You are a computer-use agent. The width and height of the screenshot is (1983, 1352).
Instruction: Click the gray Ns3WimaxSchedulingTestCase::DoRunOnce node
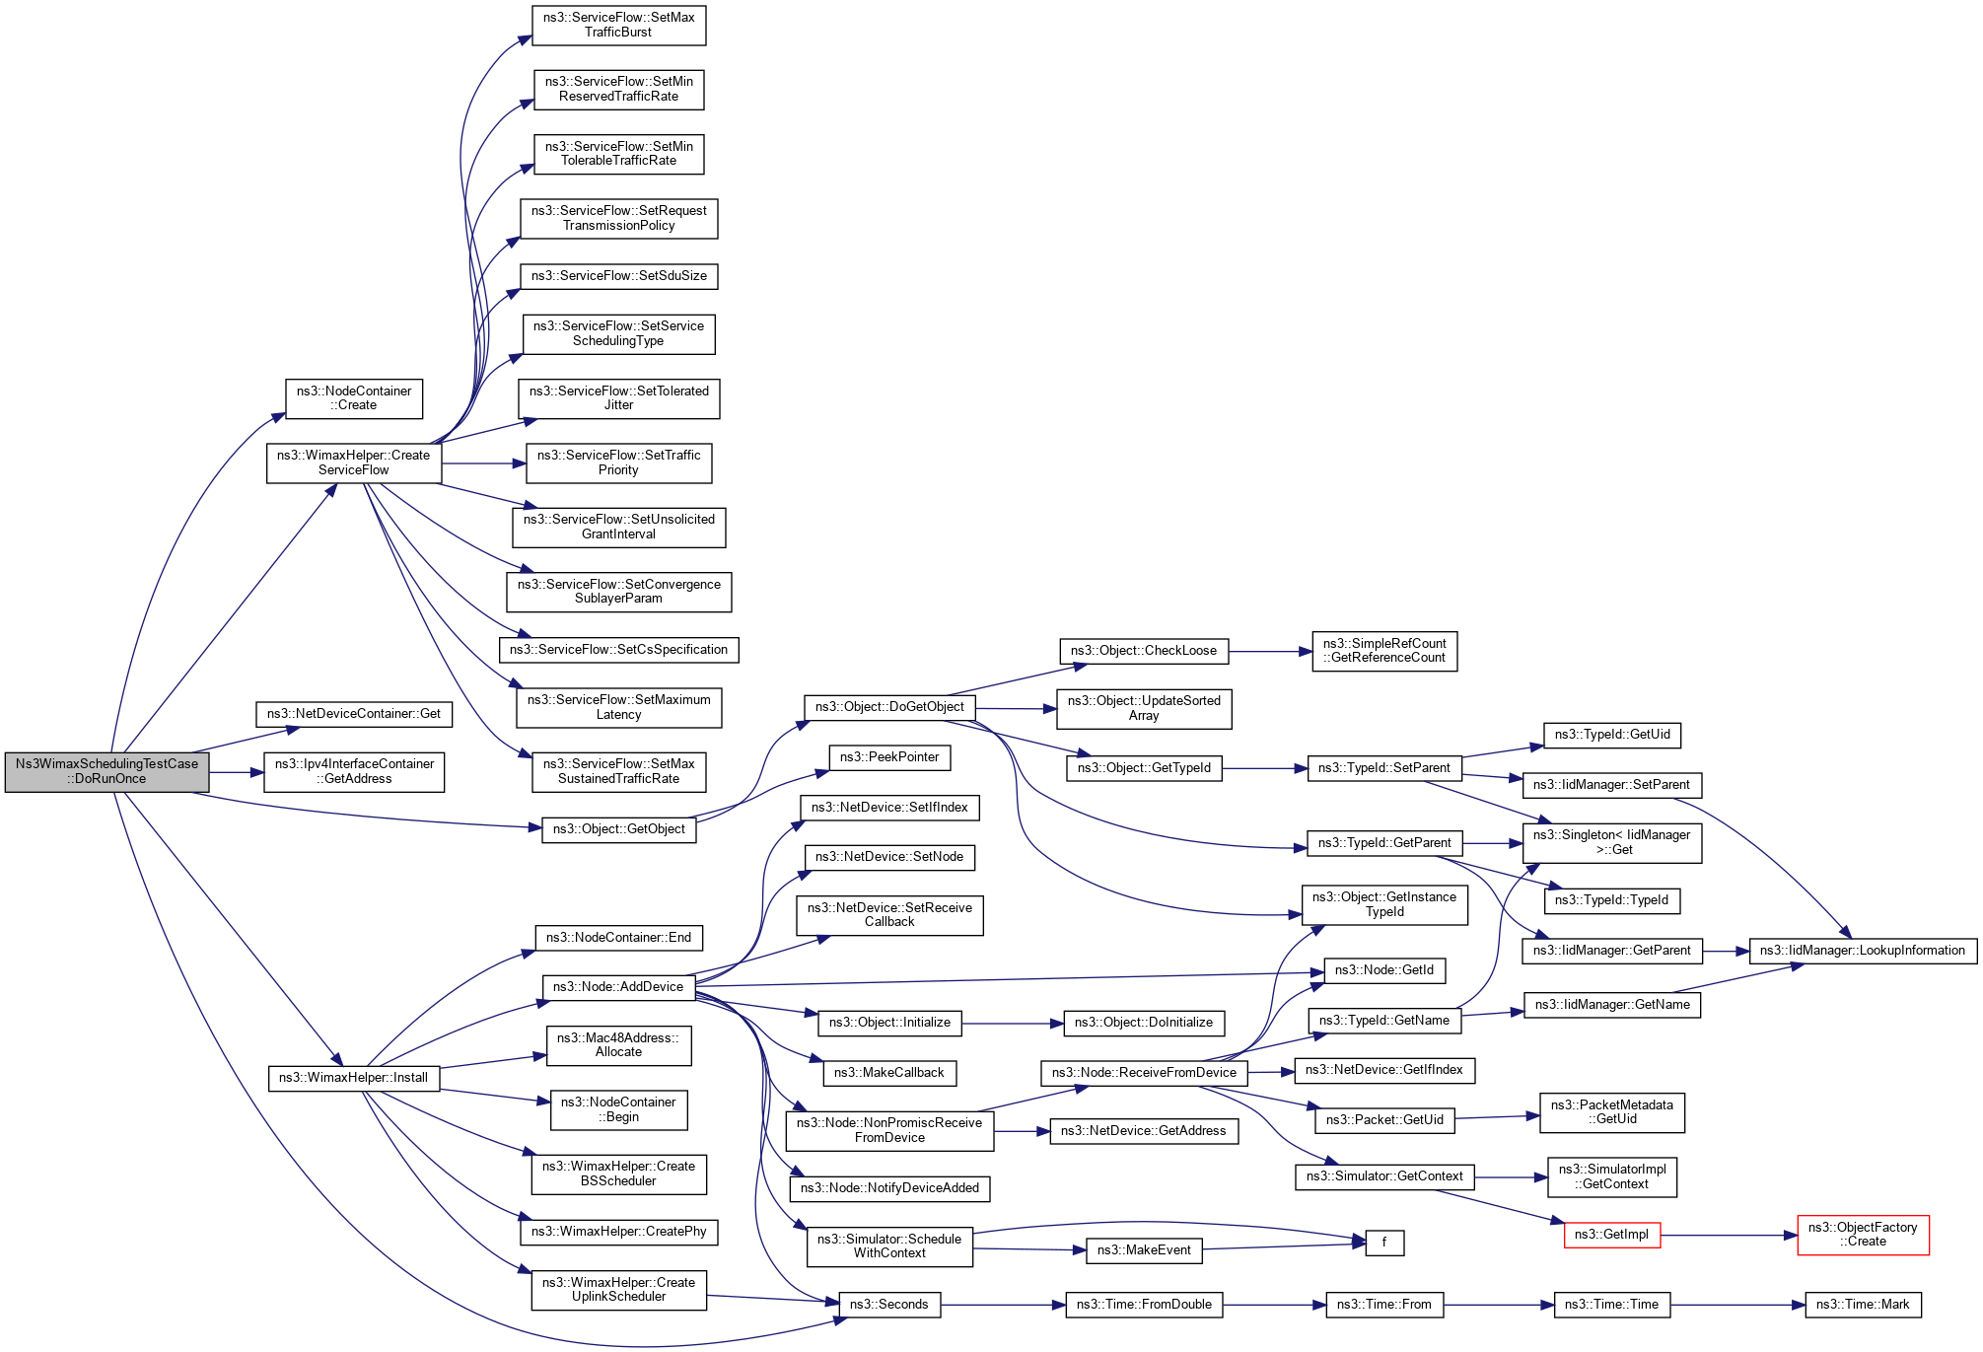pos(106,772)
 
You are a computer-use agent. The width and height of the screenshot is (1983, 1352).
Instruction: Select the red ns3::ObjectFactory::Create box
pos(1863,1235)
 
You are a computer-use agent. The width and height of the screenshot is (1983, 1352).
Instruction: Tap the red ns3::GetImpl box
pos(1612,1235)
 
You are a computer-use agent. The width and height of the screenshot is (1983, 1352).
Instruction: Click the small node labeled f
pos(1384,1243)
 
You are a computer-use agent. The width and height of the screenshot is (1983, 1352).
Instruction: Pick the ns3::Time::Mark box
pos(1863,1305)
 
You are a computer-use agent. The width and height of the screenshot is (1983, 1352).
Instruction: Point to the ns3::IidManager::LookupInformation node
pos(1863,951)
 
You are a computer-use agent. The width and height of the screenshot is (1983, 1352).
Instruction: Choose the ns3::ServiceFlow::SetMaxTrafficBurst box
pos(618,26)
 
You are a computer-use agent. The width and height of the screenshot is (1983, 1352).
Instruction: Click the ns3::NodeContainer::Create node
pos(354,398)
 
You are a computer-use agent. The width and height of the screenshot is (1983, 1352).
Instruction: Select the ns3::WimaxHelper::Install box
pos(353,1078)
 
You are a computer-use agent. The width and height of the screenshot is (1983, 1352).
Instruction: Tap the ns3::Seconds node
pos(889,1305)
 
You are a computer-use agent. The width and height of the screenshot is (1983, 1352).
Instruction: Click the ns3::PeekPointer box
pos(889,757)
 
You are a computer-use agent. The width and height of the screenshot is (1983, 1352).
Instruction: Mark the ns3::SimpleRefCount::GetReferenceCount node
pos(1384,651)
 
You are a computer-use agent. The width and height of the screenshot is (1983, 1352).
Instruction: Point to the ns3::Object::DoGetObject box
pos(889,707)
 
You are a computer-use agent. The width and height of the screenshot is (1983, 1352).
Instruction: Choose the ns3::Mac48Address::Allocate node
pos(618,1045)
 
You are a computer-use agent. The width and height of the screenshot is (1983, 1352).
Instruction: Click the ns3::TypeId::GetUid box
pos(1612,735)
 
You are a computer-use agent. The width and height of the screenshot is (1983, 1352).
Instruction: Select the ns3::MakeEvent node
pos(1144,1250)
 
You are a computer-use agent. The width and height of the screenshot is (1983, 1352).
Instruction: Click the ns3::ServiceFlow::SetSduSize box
pos(618,276)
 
